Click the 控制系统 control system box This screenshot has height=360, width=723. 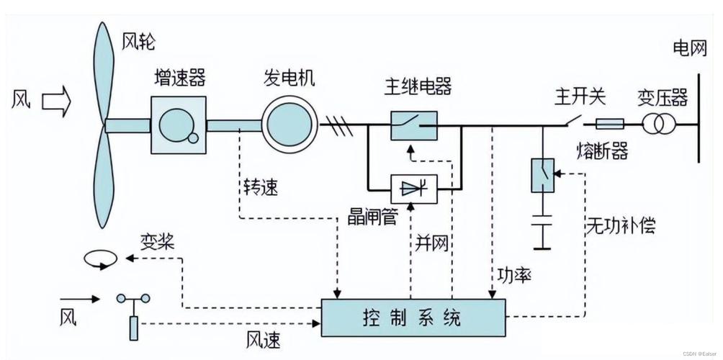coord(413,316)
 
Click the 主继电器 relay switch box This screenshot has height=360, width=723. coord(413,125)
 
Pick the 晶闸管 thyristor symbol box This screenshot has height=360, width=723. coord(413,189)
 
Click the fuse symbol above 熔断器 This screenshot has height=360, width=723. coord(611,124)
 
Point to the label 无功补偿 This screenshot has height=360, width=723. coord(620,225)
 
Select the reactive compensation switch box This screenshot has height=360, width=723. coord(542,175)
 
